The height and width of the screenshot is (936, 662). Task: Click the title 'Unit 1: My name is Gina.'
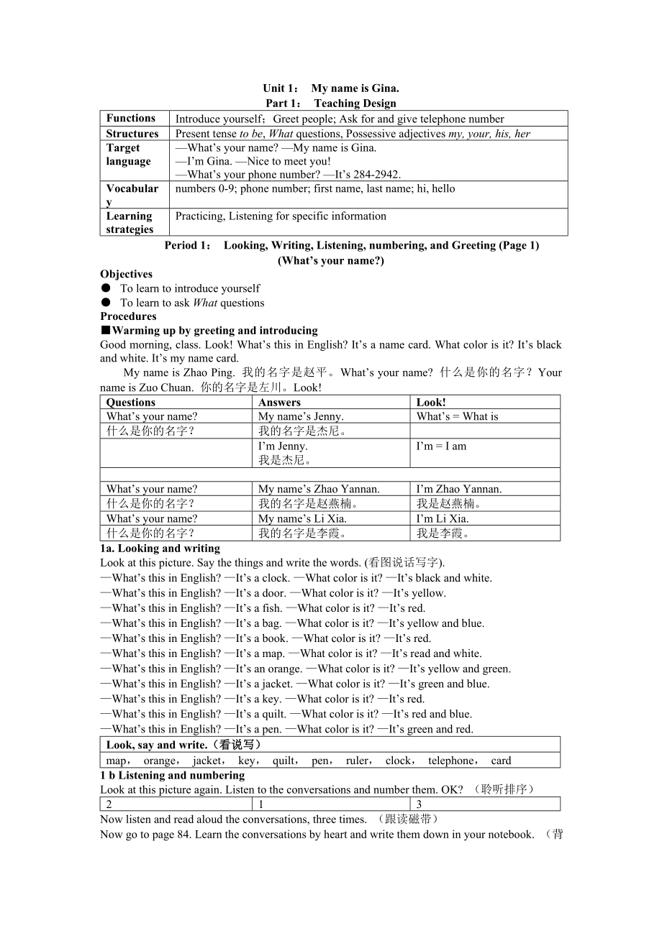[x=330, y=88]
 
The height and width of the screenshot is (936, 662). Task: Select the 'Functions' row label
[x=131, y=119]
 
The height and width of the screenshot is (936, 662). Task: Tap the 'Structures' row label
[x=132, y=134]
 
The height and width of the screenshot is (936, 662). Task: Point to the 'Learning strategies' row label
[x=130, y=223]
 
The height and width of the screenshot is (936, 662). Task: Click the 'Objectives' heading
[x=127, y=274]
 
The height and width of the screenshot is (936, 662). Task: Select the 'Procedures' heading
[x=128, y=316]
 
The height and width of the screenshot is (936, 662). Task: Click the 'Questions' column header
[x=131, y=403]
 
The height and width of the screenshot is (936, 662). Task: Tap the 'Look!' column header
[x=431, y=403]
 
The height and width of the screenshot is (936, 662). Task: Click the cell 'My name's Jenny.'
[x=301, y=416]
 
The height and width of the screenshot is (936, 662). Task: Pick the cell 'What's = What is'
[x=457, y=416]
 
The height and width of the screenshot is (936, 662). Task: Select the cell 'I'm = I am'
[x=441, y=446]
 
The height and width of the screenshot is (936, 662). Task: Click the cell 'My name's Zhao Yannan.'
[x=319, y=489]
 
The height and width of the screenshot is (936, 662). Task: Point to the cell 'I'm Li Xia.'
[x=443, y=518]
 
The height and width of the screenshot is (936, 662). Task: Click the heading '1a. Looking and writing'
[x=160, y=549]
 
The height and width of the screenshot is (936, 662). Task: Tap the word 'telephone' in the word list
[x=450, y=761]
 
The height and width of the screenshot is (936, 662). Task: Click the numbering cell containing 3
[x=420, y=804]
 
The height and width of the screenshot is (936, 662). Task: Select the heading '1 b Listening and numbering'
[x=173, y=776]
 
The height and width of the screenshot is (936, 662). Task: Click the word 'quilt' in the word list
[x=284, y=761]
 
